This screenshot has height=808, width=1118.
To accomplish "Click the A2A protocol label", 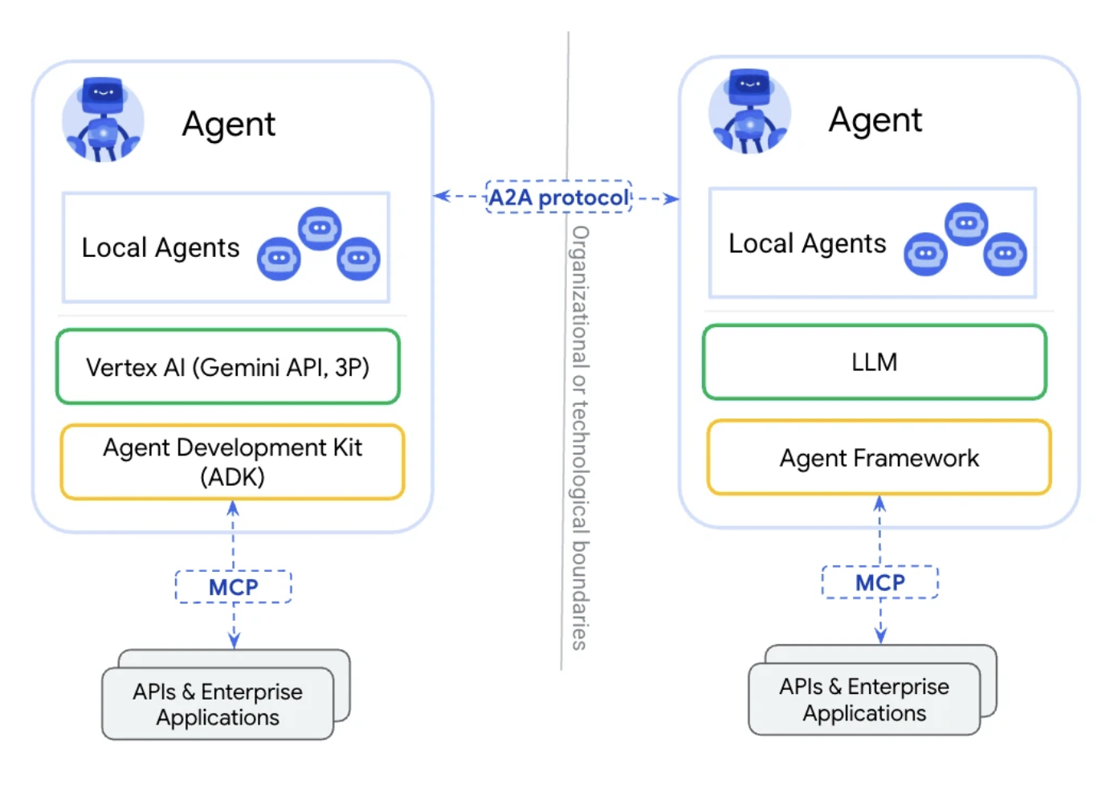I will point(559,197).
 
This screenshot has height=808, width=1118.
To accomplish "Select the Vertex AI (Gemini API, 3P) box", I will point(228,367).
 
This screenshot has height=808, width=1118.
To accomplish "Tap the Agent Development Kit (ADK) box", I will point(232,462).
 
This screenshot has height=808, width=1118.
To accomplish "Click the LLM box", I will point(875,362).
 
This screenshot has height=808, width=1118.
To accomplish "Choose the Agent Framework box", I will point(879,458).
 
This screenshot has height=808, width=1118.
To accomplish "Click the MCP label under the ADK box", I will point(233,587).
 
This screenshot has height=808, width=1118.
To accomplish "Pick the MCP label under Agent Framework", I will point(880,582).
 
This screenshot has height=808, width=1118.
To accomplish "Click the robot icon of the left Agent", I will point(103,120).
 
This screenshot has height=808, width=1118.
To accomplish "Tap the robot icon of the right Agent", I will point(749,112).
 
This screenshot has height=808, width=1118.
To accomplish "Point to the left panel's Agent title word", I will point(229,124).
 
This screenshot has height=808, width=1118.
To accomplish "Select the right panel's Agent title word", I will point(875,120).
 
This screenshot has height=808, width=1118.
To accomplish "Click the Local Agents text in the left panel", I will point(161,248).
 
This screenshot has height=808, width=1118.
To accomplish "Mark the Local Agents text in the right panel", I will point(807,243).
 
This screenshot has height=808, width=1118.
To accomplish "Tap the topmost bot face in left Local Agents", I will point(320,228).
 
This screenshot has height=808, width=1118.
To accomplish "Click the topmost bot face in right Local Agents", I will point(966,223).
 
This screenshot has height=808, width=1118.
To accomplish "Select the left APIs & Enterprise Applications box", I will point(218,704).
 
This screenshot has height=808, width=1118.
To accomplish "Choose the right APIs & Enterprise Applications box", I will point(864,700).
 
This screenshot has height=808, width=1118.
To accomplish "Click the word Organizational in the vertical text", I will point(580,297).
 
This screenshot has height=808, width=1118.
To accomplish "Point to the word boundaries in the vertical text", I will point(580,594).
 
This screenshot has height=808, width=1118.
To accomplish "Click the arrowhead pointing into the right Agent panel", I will point(671,198).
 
